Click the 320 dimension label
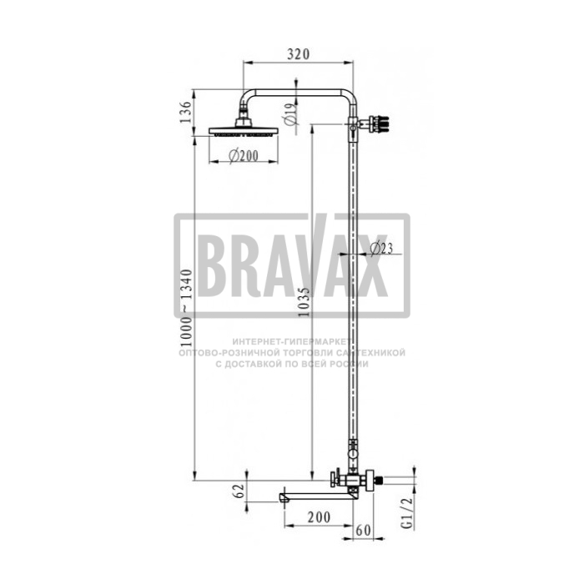298,54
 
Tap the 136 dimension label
185,112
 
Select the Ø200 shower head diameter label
244,156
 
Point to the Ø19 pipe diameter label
291,114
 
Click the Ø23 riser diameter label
381,248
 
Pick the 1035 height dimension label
304,302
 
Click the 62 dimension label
239,491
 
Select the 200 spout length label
319,517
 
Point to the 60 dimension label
364,530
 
